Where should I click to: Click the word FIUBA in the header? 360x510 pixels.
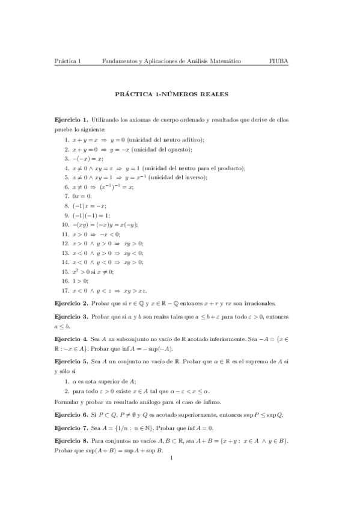pyautogui.click(x=279, y=61)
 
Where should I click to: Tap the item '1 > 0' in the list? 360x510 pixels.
pyautogui.click(x=80, y=280)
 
